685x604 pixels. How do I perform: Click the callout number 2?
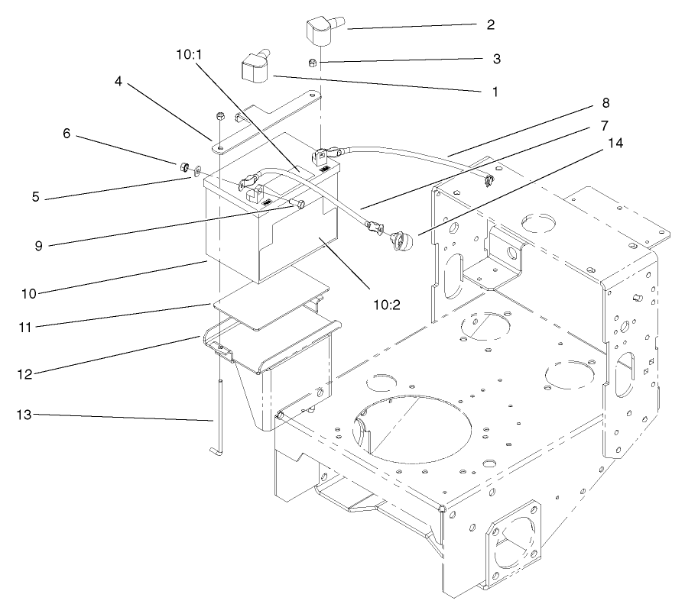(x=489, y=24)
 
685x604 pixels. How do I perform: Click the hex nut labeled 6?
(x=183, y=166)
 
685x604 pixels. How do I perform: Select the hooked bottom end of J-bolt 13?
(x=215, y=452)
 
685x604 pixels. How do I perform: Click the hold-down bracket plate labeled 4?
(x=268, y=122)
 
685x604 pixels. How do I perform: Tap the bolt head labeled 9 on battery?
(x=300, y=202)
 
